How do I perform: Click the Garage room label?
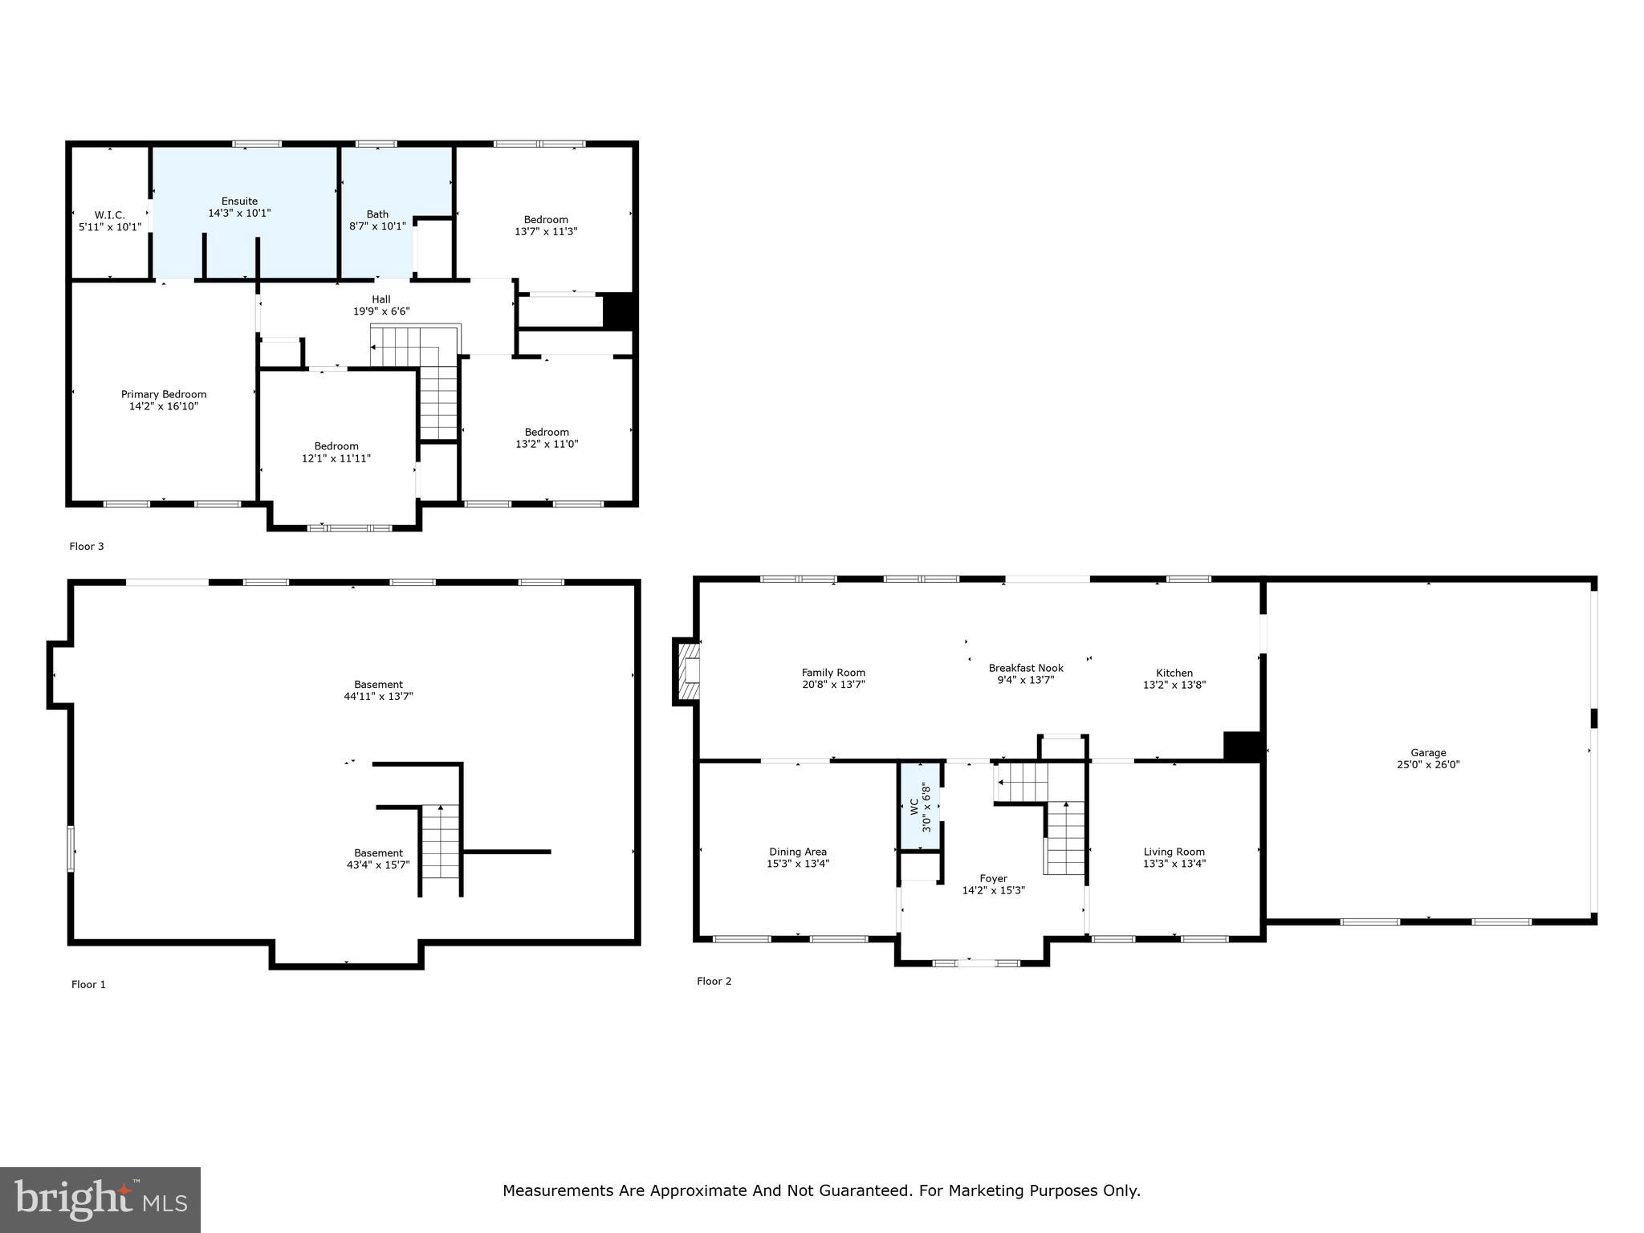(x=1428, y=753)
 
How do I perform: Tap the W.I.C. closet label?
(x=110, y=215)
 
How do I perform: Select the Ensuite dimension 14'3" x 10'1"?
(x=239, y=214)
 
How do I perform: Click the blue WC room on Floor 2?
(x=919, y=806)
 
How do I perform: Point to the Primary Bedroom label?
(x=164, y=394)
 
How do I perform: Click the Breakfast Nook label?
(x=1025, y=668)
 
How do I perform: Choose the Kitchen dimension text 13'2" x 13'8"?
(x=1174, y=686)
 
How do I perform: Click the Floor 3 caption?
(x=87, y=547)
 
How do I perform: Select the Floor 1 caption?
(x=88, y=985)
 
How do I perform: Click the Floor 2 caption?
(x=714, y=981)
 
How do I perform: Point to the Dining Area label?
(x=797, y=852)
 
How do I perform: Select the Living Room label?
(x=1174, y=852)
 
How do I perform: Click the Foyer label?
(x=993, y=879)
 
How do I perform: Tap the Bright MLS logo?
(x=100, y=1200)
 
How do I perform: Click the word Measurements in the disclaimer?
(x=558, y=1191)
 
